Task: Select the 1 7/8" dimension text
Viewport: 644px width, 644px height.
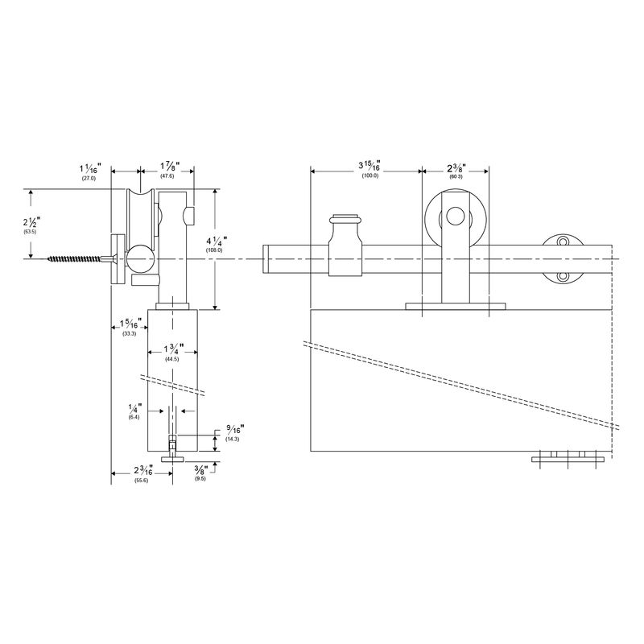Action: [167, 166]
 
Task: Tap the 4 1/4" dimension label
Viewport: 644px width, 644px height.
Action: [215, 241]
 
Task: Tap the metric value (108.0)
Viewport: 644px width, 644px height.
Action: [215, 250]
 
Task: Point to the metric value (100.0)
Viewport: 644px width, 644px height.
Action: [369, 175]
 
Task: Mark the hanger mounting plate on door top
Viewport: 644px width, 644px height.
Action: [456, 306]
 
